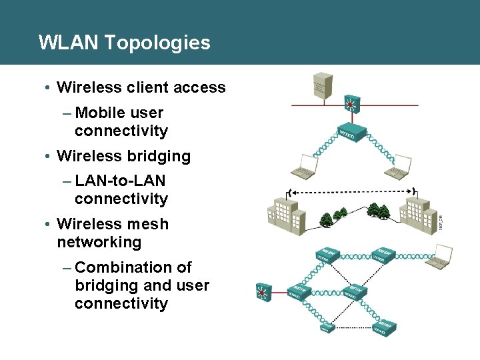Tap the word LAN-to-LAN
121,181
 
